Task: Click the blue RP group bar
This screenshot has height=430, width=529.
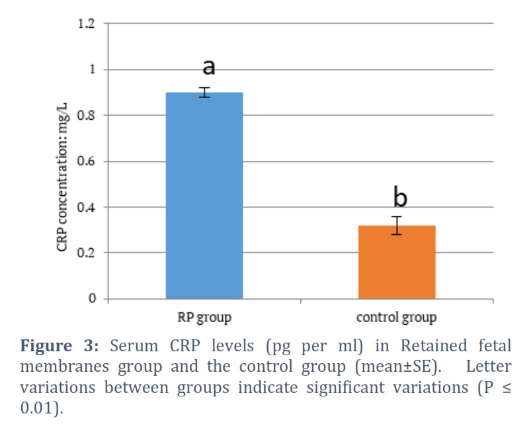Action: click(x=204, y=195)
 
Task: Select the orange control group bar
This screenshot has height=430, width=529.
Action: click(x=397, y=262)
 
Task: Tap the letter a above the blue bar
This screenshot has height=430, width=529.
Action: click(x=209, y=67)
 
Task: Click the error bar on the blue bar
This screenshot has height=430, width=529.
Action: click(x=204, y=92)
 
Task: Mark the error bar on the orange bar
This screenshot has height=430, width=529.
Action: click(x=397, y=226)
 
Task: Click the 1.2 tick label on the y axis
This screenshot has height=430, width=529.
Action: click(x=87, y=24)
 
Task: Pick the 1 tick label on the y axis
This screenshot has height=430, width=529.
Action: click(x=92, y=69)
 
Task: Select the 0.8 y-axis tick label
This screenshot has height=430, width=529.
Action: click(x=87, y=115)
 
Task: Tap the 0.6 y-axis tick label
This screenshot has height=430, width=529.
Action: click(x=87, y=161)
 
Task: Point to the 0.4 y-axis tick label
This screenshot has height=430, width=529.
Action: click(x=87, y=207)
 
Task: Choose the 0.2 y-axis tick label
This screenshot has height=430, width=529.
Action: click(x=87, y=253)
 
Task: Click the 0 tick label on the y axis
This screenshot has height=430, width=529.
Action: click(x=92, y=298)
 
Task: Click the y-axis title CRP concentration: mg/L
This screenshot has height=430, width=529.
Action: click(x=62, y=177)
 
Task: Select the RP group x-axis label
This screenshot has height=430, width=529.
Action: click(x=204, y=318)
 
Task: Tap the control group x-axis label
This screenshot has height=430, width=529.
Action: click(x=396, y=318)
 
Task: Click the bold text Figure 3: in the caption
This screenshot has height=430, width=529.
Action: click(x=60, y=346)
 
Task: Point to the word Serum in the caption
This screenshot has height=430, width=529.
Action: click(x=134, y=346)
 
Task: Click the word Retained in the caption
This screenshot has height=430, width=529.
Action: click(x=434, y=346)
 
